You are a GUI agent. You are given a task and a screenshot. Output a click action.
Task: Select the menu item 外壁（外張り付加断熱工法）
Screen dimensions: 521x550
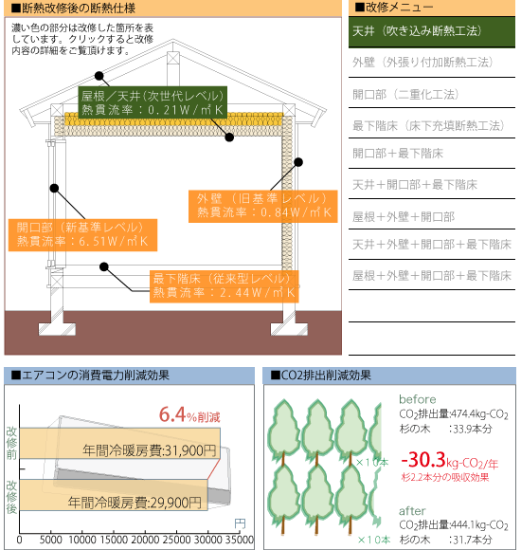coord(422,63)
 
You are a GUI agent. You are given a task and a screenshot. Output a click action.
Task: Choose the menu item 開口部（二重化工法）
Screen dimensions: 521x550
coord(405,95)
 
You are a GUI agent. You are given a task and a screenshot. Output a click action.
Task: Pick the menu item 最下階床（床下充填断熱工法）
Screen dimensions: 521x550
coord(428,125)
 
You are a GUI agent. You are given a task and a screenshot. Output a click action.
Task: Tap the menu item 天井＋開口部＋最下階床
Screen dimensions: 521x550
coord(415,185)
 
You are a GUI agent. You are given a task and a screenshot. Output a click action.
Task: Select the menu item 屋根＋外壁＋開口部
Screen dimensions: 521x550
coord(404,217)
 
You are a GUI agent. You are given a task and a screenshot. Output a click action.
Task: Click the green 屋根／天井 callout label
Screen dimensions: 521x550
coord(153,102)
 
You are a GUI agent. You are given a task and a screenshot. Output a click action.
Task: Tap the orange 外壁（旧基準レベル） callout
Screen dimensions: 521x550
coord(263,207)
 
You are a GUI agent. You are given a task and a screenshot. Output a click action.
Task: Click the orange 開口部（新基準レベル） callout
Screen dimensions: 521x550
coord(82,235)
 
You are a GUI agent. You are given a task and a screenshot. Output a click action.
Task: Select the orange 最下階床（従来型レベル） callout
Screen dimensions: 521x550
coord(225,286)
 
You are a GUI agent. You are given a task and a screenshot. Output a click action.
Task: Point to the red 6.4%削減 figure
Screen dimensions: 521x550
coord(189,414)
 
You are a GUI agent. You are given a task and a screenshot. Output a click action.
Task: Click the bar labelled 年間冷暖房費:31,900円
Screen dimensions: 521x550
coord(119,443)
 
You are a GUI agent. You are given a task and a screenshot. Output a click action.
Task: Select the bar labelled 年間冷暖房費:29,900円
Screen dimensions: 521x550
coord(114,495)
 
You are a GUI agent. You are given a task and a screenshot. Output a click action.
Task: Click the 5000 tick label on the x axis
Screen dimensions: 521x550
coord(51,540)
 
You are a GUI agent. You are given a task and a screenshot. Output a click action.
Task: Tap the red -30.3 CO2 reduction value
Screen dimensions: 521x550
coord(423,460)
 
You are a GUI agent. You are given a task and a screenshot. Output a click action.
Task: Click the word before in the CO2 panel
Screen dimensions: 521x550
coord(418,399)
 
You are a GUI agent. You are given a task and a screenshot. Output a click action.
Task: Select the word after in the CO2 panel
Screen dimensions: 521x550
coord(412,511)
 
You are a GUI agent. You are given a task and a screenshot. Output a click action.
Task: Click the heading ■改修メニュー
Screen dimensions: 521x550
coord(394,7)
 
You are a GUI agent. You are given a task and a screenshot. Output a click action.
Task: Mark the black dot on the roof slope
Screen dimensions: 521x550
coord(99,76)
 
